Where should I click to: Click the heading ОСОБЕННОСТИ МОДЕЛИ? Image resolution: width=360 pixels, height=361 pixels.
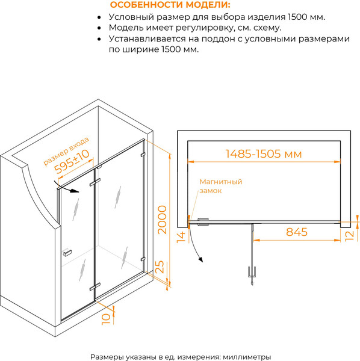click(x=170, y=5)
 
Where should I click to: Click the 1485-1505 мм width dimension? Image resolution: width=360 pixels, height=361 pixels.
click(x=263, y=154)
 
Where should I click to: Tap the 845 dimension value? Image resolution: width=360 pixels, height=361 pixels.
click(x=297, y=232)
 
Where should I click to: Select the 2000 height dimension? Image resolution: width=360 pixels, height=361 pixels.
click(x=162, y=220)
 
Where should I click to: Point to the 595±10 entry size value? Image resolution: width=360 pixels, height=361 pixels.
click(x=72, y=161)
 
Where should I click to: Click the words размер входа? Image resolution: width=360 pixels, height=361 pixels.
click(x=66, y=151)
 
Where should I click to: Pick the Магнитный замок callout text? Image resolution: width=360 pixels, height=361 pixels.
click(x=221, y=186)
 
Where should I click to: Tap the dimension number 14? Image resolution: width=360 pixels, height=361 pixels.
click(x=181, y=237)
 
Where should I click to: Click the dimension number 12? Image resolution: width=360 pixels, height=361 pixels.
click(x=349, y=236)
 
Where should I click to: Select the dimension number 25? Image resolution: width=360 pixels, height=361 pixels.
click(x=160, y=267)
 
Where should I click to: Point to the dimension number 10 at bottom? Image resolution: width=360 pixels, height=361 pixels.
click(x=106, y=319)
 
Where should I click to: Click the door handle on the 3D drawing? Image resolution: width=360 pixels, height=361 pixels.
click(x=67, y=253)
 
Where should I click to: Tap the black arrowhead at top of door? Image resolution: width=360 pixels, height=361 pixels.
click(x=75, y=191)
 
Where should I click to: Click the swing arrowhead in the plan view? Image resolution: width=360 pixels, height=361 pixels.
click(x=201, y=259)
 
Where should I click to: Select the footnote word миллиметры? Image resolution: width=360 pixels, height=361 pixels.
click(x=247, y=357)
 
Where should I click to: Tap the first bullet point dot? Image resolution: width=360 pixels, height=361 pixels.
click(x=99, y=17)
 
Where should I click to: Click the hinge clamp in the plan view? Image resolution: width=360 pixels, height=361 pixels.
click(x=203, y=222)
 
